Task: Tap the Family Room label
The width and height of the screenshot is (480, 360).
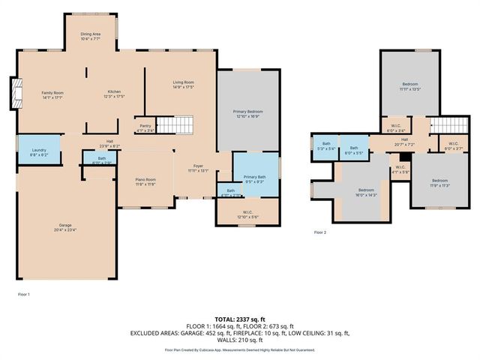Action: click(x=52, y=94)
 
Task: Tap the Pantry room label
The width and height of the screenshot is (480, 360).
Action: click(x=145, y=128)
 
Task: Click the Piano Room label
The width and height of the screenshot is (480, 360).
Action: click(x=145, y=181)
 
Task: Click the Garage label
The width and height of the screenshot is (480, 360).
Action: click(x=66, y=226)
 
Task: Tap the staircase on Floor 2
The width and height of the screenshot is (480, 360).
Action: click(x=448, y=125)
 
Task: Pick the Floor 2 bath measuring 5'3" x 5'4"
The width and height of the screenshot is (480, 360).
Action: click(x=326, y=145)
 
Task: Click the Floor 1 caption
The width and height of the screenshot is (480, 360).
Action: click(x=23, y=294)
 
